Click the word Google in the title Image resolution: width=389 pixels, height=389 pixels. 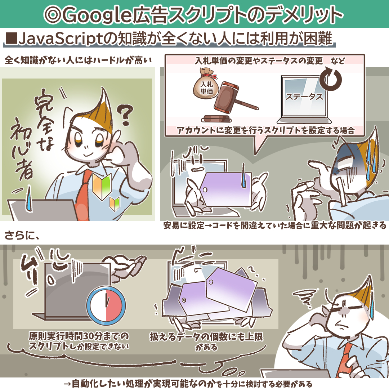pos(98,15)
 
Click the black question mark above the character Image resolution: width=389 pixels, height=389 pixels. pos(126,115)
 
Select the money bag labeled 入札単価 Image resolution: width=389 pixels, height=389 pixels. pos(206,84)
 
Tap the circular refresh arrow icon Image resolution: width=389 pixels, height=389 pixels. pos(330,79)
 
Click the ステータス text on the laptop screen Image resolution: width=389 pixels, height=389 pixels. pos(304,97)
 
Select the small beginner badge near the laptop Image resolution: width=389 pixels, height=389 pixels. pos(115,204)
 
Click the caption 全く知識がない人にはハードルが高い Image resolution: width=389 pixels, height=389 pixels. pos(78,60)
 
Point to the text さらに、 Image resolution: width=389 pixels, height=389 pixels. pos(22,236)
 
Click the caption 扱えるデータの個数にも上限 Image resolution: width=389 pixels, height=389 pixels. pos(206,337)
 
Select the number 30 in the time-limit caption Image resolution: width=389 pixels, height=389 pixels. pos(89,336)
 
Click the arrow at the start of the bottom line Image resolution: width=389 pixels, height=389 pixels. pos(67,384)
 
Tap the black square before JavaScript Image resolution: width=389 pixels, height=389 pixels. pos(12,39)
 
